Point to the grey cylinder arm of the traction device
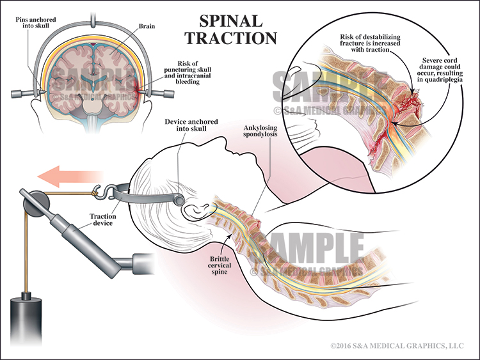[70, 237]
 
